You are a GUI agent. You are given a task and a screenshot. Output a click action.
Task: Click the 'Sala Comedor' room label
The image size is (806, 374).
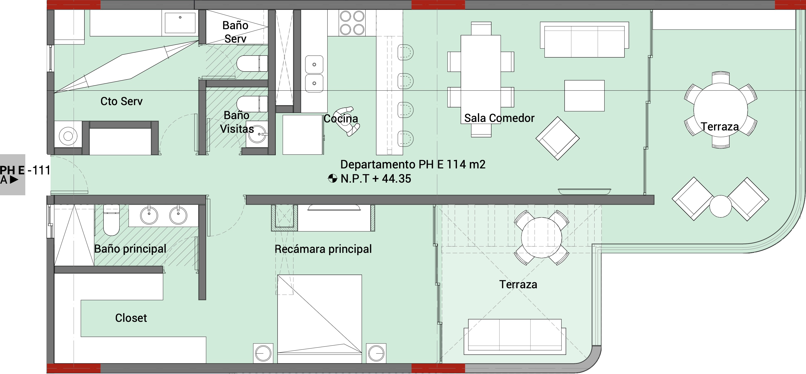[499, 118]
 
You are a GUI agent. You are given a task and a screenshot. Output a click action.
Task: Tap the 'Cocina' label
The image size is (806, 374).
[341, 119]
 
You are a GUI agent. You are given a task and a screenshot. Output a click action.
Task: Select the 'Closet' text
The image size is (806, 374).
[131, 318]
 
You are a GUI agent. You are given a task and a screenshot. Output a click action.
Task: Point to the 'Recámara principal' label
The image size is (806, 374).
[323, 249]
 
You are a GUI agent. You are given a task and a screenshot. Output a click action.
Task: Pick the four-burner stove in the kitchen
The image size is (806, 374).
[352, 23]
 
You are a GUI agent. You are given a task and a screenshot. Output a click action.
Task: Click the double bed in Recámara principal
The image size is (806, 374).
[319, 319]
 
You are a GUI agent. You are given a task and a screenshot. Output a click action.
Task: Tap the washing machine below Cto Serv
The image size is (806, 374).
[68, 136]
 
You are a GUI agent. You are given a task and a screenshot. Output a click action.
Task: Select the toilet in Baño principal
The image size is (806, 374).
[111, 220]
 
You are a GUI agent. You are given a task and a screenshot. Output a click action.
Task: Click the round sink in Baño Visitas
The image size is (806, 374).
[257, 134]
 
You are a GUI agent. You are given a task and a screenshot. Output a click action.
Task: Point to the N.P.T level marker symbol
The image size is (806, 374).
[333, 178]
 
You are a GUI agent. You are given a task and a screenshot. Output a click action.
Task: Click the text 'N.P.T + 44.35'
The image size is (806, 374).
[376, 179]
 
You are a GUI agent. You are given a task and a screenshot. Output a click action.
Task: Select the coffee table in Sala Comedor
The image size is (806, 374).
[584, 96]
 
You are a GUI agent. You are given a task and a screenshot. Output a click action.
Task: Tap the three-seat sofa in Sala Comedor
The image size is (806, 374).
[584, 40]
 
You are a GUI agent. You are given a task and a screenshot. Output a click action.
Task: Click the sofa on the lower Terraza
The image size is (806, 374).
[515, 337]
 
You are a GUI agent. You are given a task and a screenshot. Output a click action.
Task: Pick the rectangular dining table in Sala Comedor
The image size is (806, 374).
[481, 80]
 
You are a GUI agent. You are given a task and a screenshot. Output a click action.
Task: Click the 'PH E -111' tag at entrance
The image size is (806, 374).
[25, 170]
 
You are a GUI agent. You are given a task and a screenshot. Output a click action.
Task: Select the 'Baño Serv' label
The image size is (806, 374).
[235, 32]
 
